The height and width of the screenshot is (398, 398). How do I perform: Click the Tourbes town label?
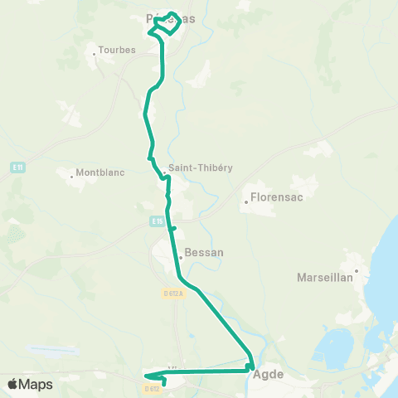pos(116,49)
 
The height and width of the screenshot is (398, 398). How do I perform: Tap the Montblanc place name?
pos(99,172)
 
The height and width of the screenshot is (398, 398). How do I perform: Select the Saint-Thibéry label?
pos(200,167)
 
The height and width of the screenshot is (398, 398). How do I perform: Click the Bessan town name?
pos(204,251)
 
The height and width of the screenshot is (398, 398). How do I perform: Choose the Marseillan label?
pos(325,278)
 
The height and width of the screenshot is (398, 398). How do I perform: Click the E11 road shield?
pos(17,168)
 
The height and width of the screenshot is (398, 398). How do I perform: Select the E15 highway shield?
pos(158,221)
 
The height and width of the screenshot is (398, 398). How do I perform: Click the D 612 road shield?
pos(151,388)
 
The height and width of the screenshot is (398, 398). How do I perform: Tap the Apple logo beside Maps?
pos(13,384)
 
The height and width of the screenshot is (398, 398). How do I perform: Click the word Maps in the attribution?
pos(36,384)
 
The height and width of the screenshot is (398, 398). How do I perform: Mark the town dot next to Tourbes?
pos(95,55)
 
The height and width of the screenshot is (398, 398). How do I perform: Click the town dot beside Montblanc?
pos(72,175)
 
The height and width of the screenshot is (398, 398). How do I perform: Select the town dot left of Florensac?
pos(246,201)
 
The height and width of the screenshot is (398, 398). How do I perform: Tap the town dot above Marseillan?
pos(357,269)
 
